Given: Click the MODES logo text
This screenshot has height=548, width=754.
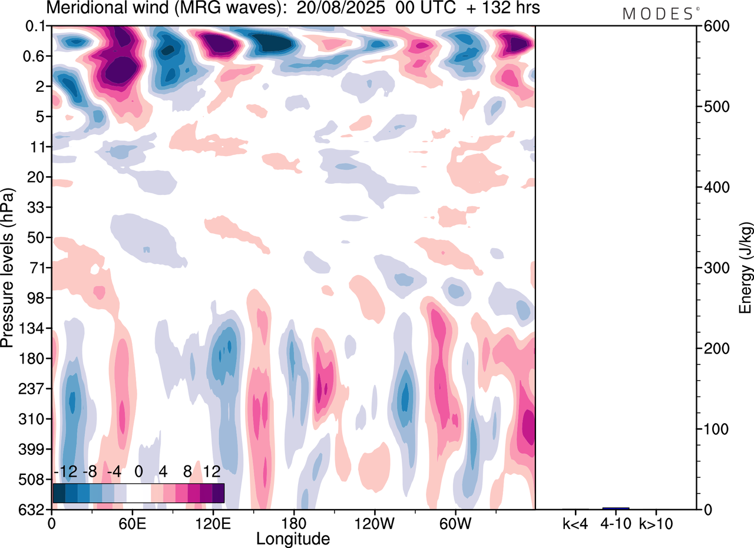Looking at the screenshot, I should click(657, 14).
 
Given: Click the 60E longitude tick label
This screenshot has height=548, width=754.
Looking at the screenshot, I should click(131, 523).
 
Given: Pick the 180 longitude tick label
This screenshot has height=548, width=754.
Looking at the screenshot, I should click(293, 523).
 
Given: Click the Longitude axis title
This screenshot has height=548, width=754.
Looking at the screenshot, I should click(293, 538).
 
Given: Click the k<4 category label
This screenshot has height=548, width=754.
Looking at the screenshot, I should click(575, 523).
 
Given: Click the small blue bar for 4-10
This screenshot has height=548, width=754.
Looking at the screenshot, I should click(616, 508).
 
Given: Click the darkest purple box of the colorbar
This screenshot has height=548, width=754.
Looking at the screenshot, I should click(218, 493).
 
